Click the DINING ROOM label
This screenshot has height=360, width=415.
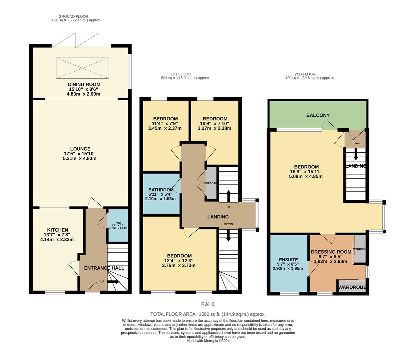[84, 85]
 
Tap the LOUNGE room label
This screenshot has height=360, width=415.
[80, 149]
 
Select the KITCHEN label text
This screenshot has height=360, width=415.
[57, 230]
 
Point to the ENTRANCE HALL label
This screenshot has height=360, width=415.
[104, 268]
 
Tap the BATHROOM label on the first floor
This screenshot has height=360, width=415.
[161, 190]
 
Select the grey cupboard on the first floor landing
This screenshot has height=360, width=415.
[211, 183]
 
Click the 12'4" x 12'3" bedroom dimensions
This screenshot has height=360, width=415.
[179, 261]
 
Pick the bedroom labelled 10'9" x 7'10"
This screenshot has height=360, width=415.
[215, 123]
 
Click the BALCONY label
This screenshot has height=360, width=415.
[318, 115]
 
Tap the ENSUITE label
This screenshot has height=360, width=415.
[288, 260]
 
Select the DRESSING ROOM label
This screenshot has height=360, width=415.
[331, 252]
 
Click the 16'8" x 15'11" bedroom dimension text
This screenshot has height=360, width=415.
[306, 172]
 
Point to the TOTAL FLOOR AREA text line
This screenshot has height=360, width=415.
[208, 314]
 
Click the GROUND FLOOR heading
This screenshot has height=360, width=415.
[73, 16]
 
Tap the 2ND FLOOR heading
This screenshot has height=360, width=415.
[305, 74]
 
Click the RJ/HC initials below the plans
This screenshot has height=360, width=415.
[208, 304]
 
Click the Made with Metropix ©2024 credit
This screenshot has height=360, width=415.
[208, 341]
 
